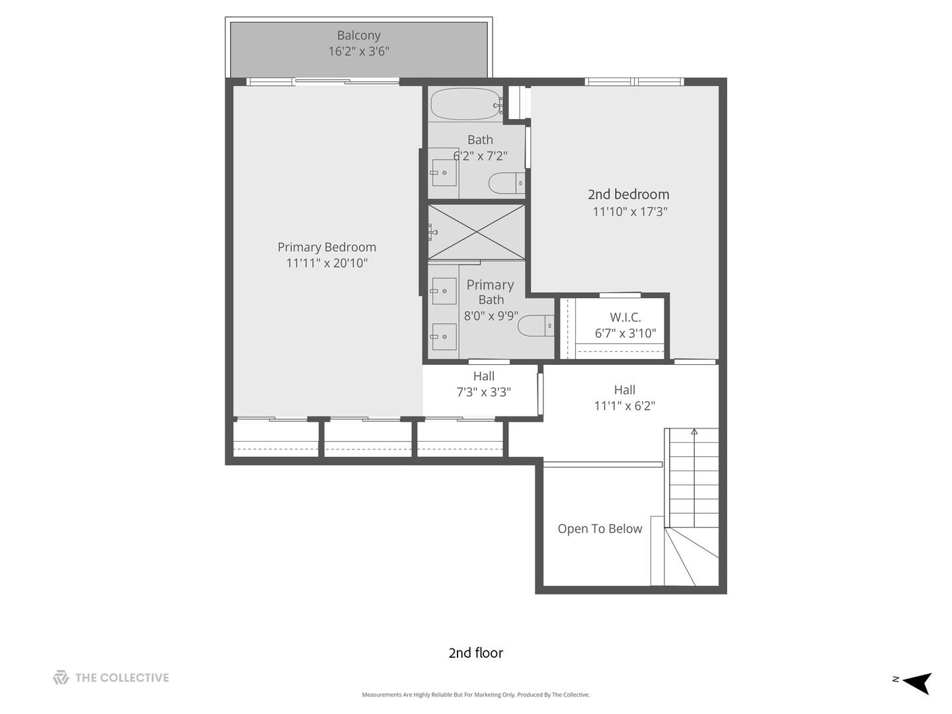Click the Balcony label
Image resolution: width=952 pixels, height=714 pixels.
tap(359, 35)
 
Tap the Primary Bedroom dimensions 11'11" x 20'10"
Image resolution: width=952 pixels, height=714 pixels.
tap(327, 262)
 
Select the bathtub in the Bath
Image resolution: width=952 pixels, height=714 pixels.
tap(466, 104)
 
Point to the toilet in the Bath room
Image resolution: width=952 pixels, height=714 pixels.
tap(506, 183)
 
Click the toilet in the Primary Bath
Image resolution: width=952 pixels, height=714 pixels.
tap(535, 325)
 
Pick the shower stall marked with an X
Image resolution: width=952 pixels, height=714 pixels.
tap(476, 232)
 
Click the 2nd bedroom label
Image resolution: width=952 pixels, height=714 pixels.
tap(629, 194)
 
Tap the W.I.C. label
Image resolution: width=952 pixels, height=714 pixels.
tap(625, 317)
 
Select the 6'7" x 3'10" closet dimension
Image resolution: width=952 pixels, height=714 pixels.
tap(625, 333)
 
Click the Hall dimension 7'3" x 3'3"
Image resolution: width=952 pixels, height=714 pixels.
tap(483, 392)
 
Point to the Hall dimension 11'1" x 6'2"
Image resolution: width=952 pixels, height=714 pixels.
tap(624, 405)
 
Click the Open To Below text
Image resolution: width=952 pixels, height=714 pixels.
tap(600, 528)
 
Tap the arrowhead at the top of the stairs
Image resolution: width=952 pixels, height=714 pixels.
tap(694, 431)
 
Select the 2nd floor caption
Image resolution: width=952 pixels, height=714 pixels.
tap(476, 653)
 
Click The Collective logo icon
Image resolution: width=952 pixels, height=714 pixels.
tap(61, 677)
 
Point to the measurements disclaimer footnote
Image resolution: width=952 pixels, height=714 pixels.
tap(476, 694)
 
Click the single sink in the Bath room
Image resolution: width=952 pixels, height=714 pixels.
tap(444, 172)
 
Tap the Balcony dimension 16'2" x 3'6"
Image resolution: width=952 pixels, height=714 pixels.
tap(359, 51)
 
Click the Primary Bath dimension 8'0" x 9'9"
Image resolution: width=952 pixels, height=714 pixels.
tap(491, 315)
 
